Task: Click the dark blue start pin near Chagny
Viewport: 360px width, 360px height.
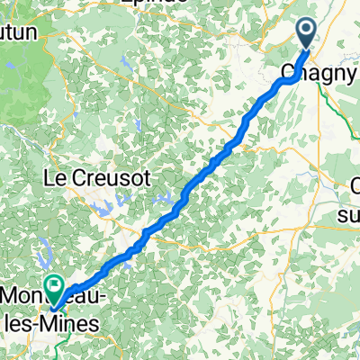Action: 307,34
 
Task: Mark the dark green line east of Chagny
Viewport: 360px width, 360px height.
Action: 342,99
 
